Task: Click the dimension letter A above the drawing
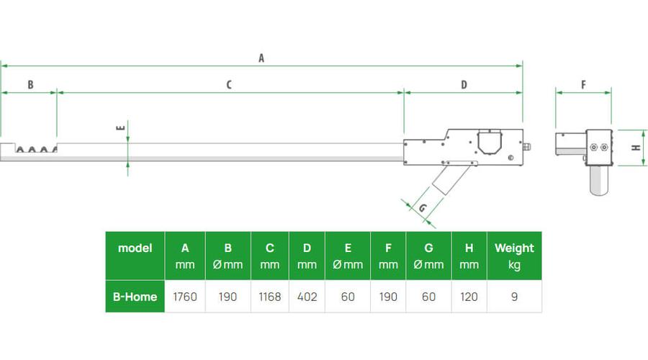tap(261, 58)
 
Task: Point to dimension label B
tap(30, 85)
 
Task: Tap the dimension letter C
tap(228, 85)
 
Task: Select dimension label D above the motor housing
tap(464, 85)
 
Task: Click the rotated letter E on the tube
tap(120, 127)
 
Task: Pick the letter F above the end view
tap(583, 85)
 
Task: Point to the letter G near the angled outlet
tap(423, 207)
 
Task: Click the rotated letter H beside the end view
tap(636, 148)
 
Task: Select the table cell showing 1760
tap(185, 297)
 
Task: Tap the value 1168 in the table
tap(269, 297)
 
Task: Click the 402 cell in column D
tap(307, 297)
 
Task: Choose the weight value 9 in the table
tap(514, 297)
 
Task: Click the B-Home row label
tap(135, 297)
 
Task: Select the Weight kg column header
tap(514, 256)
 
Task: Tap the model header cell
tap(135, 256)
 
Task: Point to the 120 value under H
tap(469, 297)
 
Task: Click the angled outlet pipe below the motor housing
tap(451, 179)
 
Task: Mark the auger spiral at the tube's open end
tap(36, 149)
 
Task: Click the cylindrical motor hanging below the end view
tap(599, 180)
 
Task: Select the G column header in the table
tap(428, 256)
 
